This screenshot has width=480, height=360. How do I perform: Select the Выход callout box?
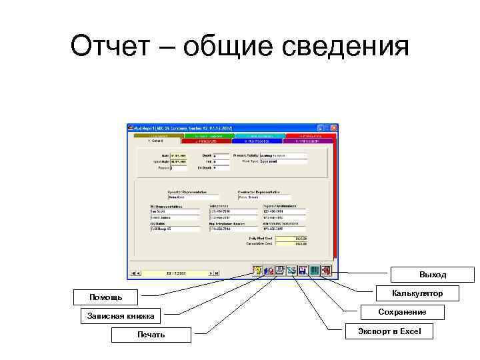(433, 275)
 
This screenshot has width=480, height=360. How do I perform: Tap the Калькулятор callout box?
(417, 293)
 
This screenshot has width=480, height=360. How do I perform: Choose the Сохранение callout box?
(402, 312)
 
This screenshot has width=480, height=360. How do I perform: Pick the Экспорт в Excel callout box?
(393, 331)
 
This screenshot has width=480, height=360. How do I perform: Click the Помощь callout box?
(105, 297)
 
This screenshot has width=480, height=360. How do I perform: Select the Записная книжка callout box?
(121, 315)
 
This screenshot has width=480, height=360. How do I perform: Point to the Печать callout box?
(151, 334)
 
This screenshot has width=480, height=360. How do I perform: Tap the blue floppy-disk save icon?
(303, 271)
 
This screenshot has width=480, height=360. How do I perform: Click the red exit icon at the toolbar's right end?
(326, 271)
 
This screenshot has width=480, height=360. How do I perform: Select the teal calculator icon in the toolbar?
(315, 271)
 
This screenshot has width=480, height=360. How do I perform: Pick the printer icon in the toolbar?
(281, 271)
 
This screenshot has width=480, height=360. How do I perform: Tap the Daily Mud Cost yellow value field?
(291, 238)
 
